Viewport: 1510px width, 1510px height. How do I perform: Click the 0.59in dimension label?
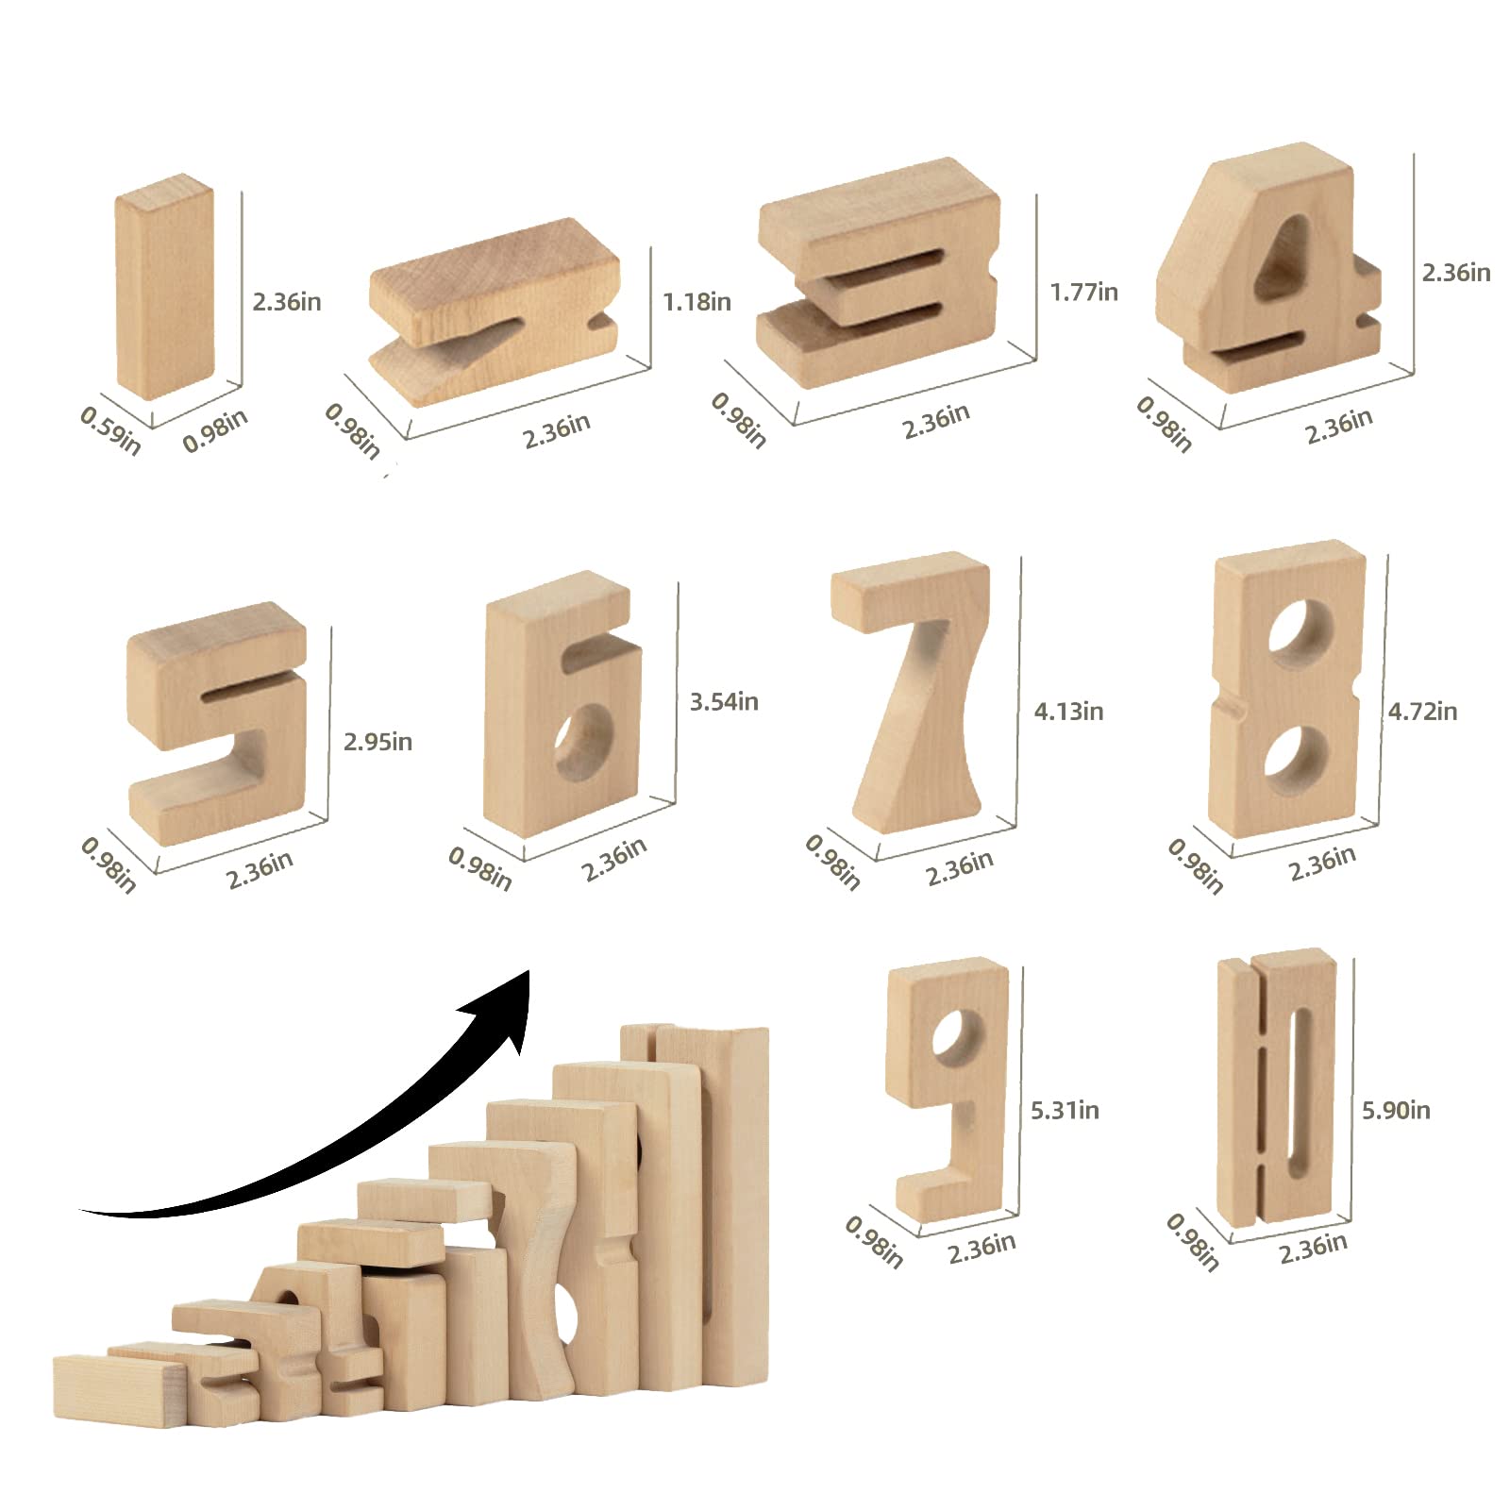pos(110,430)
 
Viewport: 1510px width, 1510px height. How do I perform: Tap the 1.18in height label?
pos(696,302)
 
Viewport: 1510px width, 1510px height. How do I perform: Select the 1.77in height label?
pos(1084,293)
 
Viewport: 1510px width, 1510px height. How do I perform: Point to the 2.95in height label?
pos(377,742)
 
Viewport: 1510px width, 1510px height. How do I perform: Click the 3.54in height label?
pos(724,702)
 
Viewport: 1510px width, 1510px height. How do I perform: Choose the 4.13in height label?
pos(1068,712)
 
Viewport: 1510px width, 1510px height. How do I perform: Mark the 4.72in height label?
pos(1422,712)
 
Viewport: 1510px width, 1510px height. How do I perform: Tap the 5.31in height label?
pos(1065,1111)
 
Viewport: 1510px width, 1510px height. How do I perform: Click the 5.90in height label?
pos(1396,1111)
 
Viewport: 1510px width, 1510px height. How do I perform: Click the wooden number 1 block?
pos(165,288)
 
